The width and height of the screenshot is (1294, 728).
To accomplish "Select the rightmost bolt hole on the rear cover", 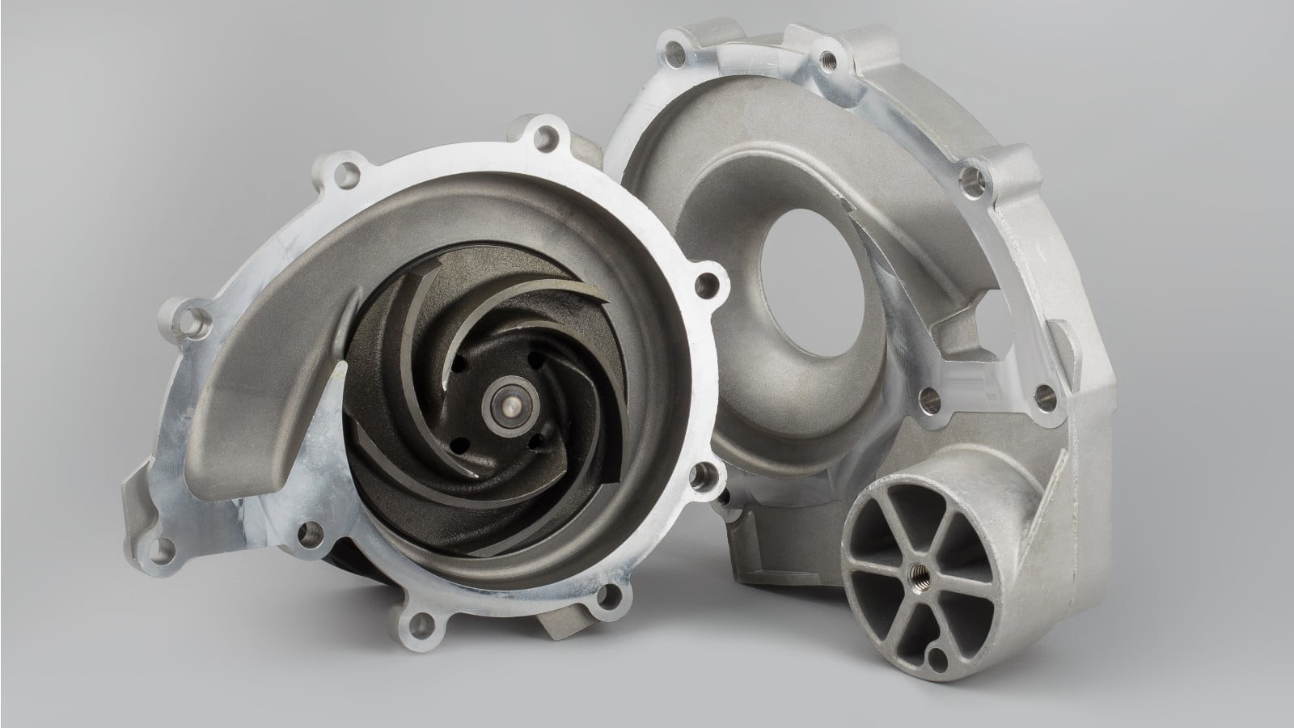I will point(1047,395).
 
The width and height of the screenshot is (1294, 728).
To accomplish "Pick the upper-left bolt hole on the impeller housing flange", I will point(347,171).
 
